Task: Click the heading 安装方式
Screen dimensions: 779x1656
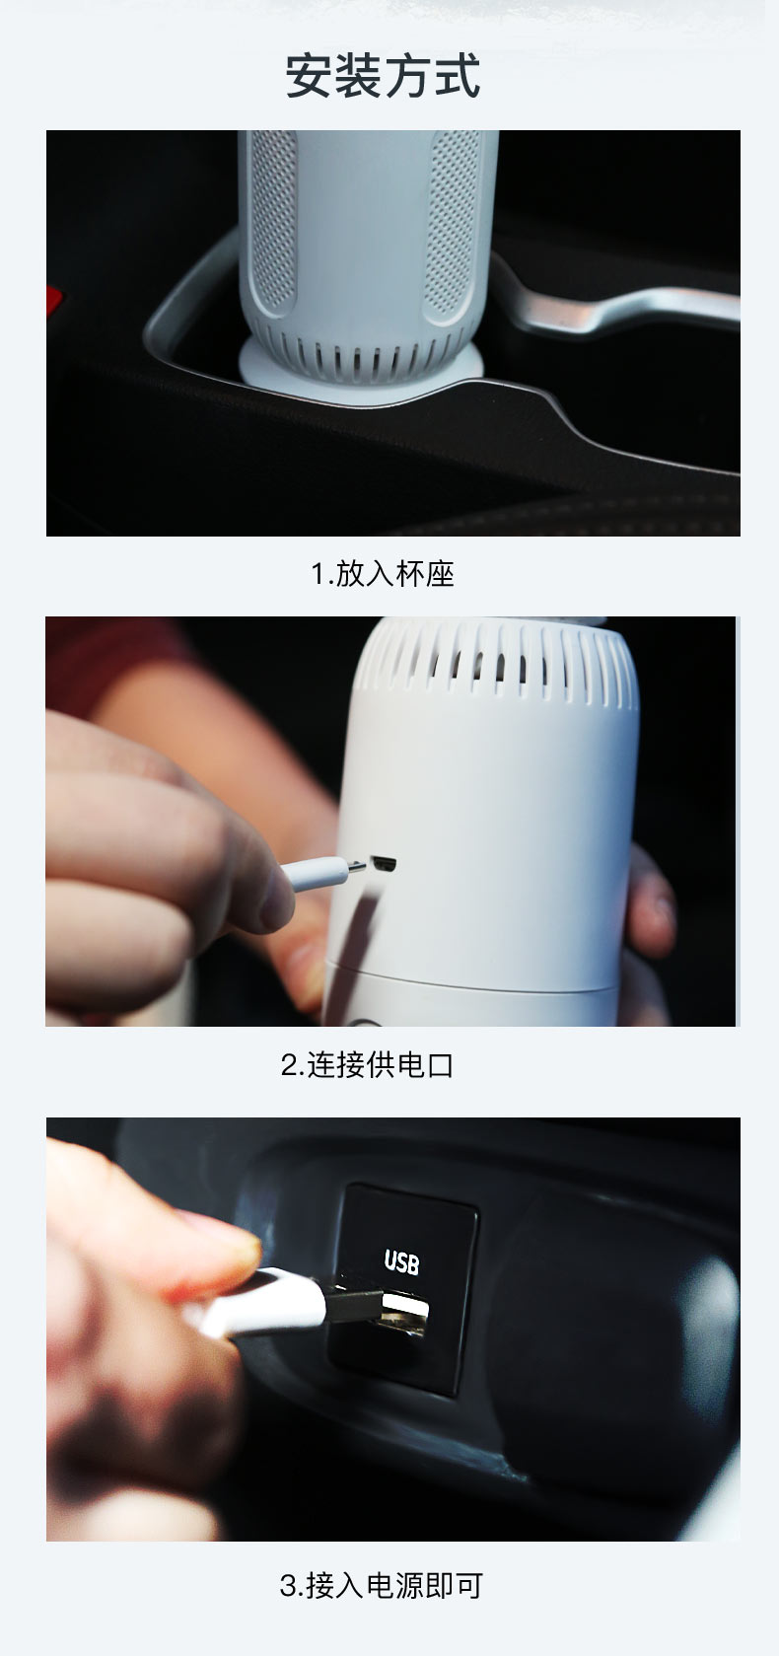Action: (x=383, y=75)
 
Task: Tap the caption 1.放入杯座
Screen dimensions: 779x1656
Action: (x=383, y=574)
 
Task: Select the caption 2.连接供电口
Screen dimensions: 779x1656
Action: (x=367, y=1064)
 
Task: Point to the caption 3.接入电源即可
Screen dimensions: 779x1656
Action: (x=382, y=1585)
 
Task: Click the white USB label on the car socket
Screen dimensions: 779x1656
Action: (x=401, y=1261)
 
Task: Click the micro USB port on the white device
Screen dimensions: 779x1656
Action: (x=383, y=863)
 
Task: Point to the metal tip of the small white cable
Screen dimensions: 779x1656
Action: (x=356, y=866)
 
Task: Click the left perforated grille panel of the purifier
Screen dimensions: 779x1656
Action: (x=272, y=222)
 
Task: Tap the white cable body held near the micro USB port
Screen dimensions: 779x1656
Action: (x=317, y=873)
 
